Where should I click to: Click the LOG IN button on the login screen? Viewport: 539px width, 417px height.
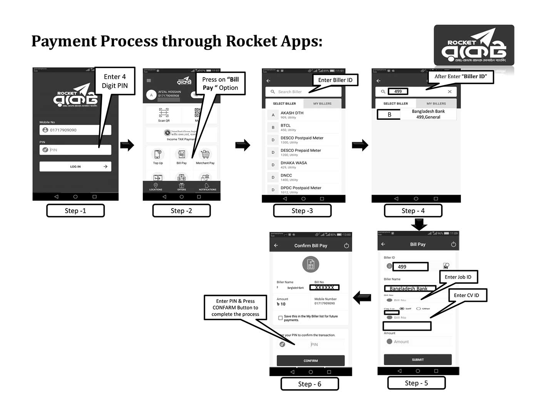pyautogui.click(x=75, y=166)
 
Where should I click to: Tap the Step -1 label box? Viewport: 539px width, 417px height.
pyautogui.click(x=75, y=211)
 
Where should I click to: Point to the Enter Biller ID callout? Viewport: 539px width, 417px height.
pyautogui.click(x=335, y=80)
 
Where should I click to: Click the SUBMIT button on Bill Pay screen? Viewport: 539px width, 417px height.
pyautogui.click(x=418, y=360)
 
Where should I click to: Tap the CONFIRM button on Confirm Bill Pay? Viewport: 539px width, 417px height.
pyautogui.click(x=311, y=361)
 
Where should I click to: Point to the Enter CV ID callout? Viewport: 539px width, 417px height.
pyautogui.click(x=466, y=295)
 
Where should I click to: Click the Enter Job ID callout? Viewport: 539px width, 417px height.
pyautogui.click(x=458, y=277)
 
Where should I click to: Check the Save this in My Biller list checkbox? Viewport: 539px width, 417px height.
pyautogui.click(x=280, y=318)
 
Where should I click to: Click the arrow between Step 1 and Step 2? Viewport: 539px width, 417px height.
pyautogui.click(x=127, y=145)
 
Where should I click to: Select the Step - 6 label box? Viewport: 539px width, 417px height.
pyautogui.click(x=310, y=384)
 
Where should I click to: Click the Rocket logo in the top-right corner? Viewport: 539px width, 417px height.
pyautogui.click(x=474, y=45)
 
